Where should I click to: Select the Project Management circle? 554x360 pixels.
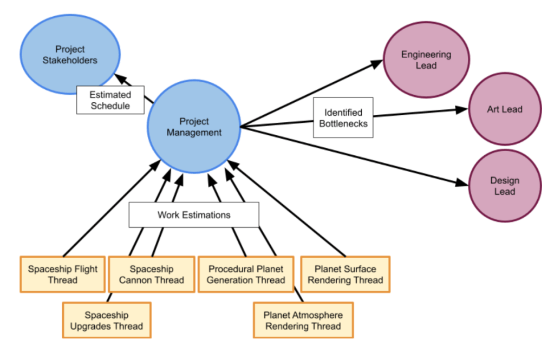pyautogui.click(x=194, y=127)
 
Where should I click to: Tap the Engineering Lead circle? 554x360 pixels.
pyautogui.click(x=426, y=60)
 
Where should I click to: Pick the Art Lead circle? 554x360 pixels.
pyautogui.click(x=504, y=109)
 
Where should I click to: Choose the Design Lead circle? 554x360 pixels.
pyautogui.click(x=504, y=186)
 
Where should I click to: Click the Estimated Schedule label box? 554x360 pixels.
pyautogui.click(x=110, y=100)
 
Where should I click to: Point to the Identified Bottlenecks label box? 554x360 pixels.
pyautogui.click(x=343, y=117)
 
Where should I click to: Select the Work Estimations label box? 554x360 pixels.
pyautogui.click(x=194, y=215)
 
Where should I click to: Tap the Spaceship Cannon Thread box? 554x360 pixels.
pyautogui.click(x=151, y=274)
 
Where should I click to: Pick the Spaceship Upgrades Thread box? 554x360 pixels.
pyautogui.click(x=106, y=320)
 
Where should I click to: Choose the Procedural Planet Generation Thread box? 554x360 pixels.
pyautogui.click(x=245, y=274)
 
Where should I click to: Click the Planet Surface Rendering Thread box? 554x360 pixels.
pyautogui.click(x=345, y=274)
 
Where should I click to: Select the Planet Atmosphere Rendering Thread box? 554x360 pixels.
pyautogui.click(x=303, y=320)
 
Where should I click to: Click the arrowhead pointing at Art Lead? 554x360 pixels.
pyautogui.click(x=460, y=109)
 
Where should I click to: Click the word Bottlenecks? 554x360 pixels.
pyautogui.click(x=343, y=123)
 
